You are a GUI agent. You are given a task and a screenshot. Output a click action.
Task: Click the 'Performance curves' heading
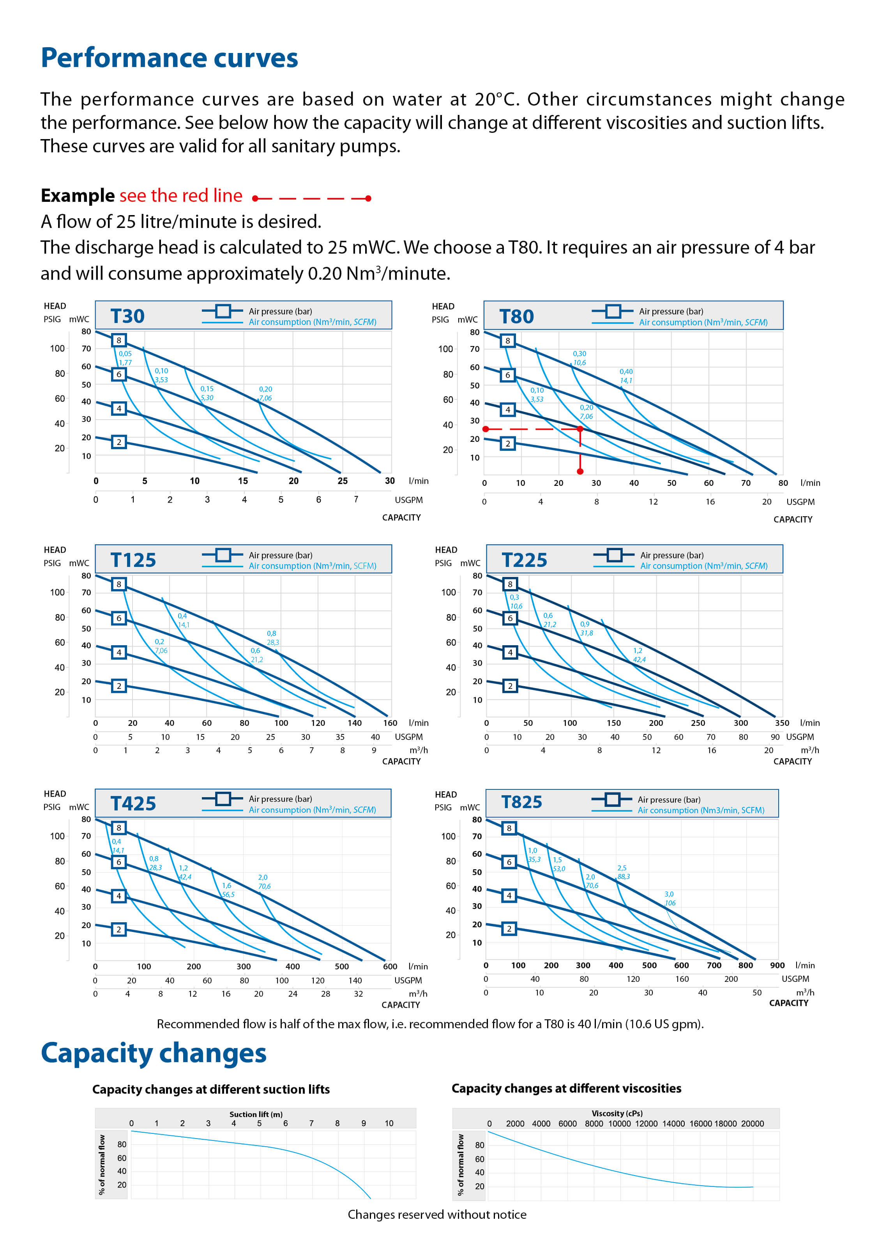(x=169, y=58)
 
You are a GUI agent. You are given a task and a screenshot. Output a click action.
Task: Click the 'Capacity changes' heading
(x=154, y=1054)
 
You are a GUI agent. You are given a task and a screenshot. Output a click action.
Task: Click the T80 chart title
(x=516, y=316)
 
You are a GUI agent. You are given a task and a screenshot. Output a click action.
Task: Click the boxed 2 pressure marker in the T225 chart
(x=510, y=686)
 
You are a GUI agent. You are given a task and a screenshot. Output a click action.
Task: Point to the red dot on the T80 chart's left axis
(x=485, y=429)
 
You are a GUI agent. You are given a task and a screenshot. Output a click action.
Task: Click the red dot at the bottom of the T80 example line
(x=580, y=471)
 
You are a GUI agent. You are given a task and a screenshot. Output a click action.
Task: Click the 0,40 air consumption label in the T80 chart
(x=626, y=372)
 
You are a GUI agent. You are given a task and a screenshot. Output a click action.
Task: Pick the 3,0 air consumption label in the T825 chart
(x=669, y=894)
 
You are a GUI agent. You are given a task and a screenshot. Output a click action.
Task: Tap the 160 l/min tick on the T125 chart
(x=390, y=723)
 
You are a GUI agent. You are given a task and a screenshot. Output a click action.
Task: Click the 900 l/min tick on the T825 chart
(x=777, y=965)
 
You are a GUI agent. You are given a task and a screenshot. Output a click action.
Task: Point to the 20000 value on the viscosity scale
(x=753, y=1123)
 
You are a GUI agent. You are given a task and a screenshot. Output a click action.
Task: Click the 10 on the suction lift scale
(x=389, y=1123)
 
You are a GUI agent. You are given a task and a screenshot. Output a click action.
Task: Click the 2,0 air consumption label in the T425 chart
(x=263, y=877)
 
